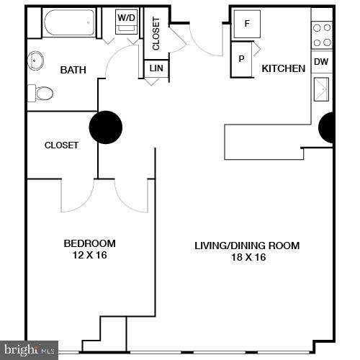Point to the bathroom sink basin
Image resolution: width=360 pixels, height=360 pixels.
[x=36, y=60]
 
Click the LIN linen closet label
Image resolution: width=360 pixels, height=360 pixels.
[x=156, y=68]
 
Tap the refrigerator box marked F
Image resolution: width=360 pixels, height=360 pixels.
[x=248, y=24]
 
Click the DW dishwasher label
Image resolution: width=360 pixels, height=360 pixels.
[x=321, y=62]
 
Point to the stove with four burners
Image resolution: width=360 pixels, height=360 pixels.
[x=321, y=35]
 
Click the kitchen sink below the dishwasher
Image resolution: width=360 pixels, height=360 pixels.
[x=321, y=91]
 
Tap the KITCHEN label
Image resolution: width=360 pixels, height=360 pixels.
[x=283, y=68]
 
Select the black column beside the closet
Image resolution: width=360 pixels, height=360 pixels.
[x=106, y=127]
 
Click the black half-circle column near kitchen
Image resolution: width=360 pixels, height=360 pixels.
[x=327, y=128]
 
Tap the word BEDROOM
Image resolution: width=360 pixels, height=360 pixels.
[x=89, y=243]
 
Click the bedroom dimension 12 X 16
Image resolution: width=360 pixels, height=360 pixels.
[x=89, y=255]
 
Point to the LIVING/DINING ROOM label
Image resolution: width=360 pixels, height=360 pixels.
[x=247, y=246]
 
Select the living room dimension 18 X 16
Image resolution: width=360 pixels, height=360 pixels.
[x=247, y=257]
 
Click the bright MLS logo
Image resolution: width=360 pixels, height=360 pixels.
[x=29, y=351]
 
